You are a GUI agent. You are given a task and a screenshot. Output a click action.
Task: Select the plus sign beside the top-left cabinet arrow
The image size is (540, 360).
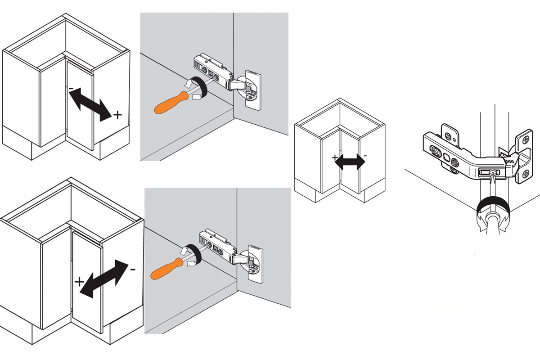117,115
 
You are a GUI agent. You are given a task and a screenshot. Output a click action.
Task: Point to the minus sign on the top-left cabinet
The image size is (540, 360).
71,89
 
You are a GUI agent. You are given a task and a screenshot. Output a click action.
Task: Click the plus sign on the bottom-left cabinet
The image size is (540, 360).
79,283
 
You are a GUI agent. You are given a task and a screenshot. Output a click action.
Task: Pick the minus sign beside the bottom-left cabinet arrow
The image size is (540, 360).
132,270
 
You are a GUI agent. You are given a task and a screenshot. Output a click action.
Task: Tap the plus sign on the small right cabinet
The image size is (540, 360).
335,158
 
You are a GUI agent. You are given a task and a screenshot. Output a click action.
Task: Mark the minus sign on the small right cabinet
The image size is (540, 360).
365,156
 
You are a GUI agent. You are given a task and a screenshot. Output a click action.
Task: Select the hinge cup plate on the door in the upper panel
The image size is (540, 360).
252,89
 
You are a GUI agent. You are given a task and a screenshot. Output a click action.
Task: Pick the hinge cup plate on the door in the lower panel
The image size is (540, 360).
255,264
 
